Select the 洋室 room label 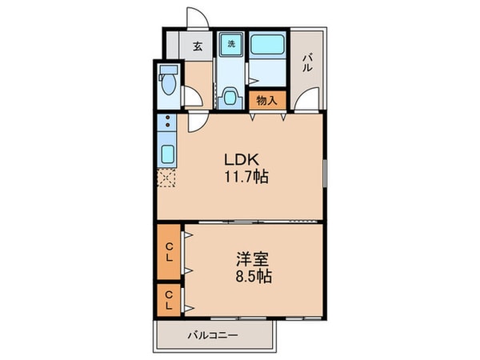[x=251, y=259]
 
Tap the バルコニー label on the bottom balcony [x=213, y=335]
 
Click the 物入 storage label [x=266, y=101]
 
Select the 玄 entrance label [x=197, y=45]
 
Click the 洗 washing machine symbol [x=231, y=43]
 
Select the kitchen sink [x=169, y=154]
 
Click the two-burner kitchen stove [x=169, y=126]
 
